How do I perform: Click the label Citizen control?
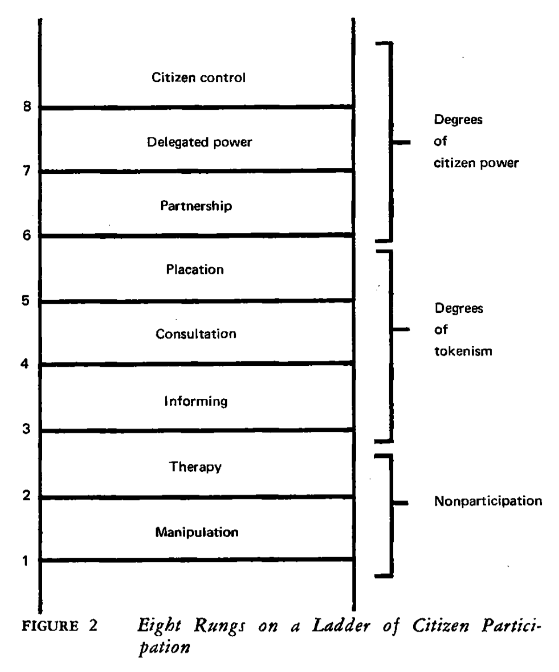tap(198, 77)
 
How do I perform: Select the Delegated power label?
tap(199, 142)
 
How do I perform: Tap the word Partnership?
tap(196, 205)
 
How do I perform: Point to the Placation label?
tap(195, 270)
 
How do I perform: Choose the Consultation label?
tap(196, 334)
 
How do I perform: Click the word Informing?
tap(196, 401)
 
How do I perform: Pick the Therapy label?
tap(195, 467)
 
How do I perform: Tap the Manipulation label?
tap(197, 532)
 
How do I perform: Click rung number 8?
tap(27, 107)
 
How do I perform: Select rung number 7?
tap(27, 171)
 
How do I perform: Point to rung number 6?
tap(27, 236)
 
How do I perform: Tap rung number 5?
tap(26, 301)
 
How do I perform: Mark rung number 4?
tap(25, 363)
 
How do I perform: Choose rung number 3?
tap(26, 428)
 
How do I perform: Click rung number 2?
tap(27, 495)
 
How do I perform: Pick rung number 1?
tap(26, 561)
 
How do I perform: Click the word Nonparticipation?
tap(488, 501)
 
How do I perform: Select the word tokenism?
tap(463, 351)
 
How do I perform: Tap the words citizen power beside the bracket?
tap(476, 163)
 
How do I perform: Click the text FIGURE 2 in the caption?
tap(60, 626)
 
